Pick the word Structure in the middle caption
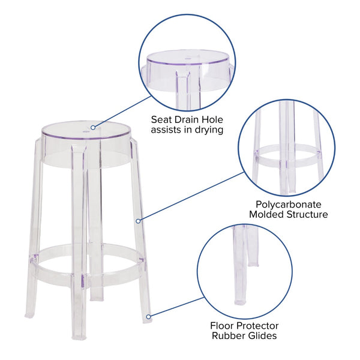(308, 214)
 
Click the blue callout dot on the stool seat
(94, 127)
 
